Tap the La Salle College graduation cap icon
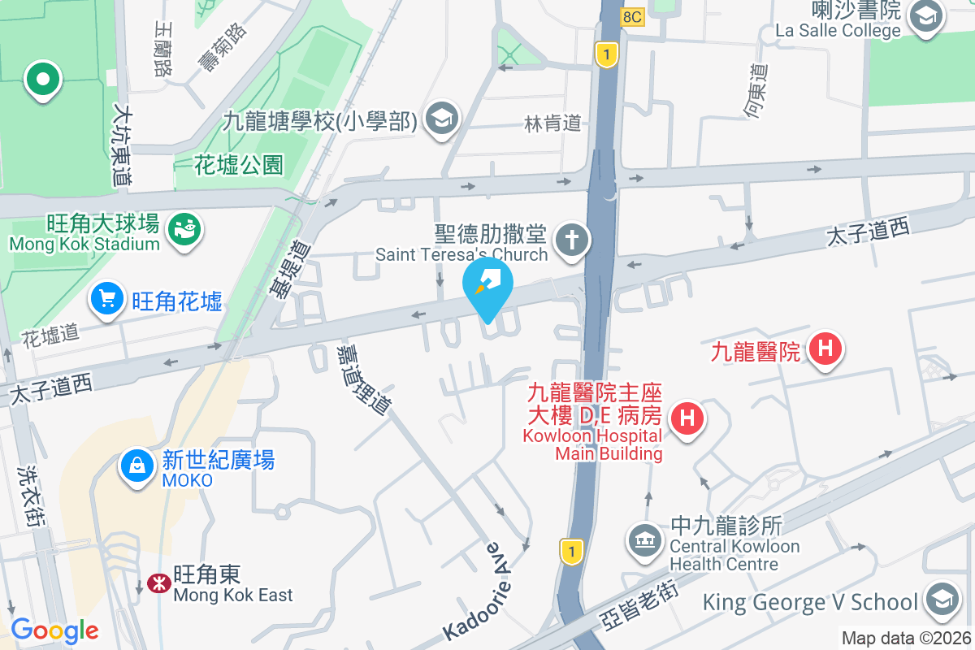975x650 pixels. pos(925,16)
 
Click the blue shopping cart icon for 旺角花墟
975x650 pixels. pos(107,297)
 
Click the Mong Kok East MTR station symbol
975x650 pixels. pos(158,583)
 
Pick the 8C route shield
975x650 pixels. pos(632,15)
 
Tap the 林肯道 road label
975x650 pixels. pos(553,123)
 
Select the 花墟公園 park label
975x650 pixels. pos(239,166)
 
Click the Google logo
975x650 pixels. pos(54,630)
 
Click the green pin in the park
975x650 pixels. pos(42,80)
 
